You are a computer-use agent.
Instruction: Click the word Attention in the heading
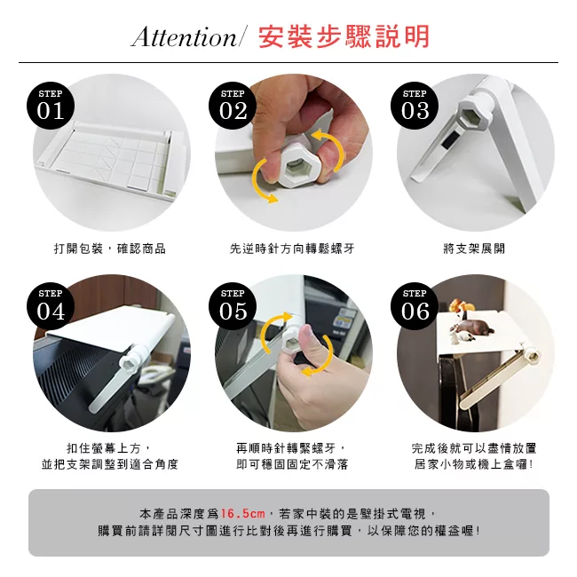185,36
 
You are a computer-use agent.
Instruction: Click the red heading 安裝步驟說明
344,36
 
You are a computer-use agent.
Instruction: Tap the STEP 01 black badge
51,106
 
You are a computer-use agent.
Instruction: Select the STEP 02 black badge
233,106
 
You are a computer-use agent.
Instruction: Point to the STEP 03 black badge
415,106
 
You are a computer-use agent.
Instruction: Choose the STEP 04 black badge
51,305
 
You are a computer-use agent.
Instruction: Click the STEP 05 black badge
233,305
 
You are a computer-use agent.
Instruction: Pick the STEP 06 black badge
415,305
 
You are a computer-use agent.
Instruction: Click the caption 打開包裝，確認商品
110,249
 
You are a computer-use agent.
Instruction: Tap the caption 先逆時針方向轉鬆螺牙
292,249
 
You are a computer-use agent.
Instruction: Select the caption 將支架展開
474,249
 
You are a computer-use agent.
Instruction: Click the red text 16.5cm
242,513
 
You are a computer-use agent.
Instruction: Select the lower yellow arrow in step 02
260,181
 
